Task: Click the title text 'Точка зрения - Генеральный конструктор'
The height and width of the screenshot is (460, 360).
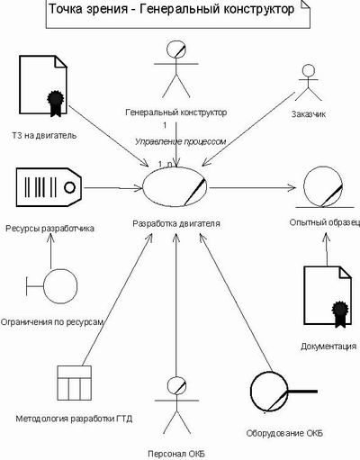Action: [x=172, y=9]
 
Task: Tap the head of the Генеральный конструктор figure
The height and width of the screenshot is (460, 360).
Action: [x=176, y=50]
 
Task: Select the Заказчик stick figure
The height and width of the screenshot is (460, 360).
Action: [x=308, y=83]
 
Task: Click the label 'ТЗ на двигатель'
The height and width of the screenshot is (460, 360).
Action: [x=44, y=135]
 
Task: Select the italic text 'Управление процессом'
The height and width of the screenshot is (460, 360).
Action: [x=181, y=141]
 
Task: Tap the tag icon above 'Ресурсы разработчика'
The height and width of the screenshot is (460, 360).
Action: [x=49, y=187]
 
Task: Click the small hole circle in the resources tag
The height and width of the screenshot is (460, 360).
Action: [x=69, y=187]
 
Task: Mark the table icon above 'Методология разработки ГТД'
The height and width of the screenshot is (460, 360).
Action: [x=75, y=383]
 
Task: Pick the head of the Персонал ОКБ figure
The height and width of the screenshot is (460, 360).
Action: [x=176, y=385]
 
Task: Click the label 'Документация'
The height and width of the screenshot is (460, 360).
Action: [x=328, y=347]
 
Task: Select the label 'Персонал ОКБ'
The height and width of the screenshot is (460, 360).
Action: [x=176, y=454]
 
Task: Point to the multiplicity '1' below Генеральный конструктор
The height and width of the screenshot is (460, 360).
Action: [x=165, y=125]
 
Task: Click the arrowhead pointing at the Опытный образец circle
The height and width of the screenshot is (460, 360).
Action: [x=292, y=188]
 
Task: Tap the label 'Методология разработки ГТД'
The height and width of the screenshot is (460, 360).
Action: [x=74, y=419]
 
